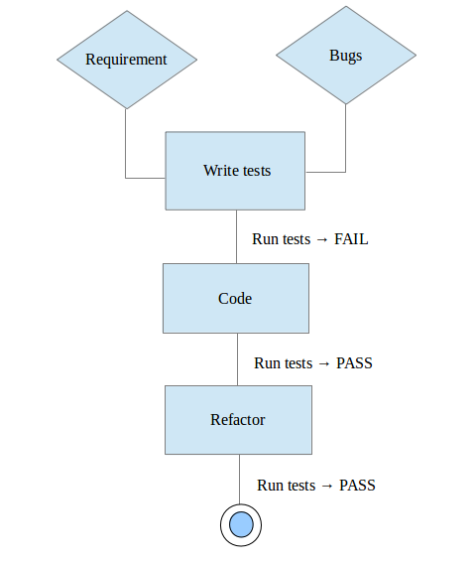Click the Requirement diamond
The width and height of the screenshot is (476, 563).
[127, 60]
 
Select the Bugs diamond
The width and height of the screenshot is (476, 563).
[346, 56]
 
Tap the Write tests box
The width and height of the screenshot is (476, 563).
[235, 171]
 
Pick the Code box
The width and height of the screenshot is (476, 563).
[236, 298]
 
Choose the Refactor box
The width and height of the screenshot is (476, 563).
[239, 420]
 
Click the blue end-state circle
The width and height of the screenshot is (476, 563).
[241, 525]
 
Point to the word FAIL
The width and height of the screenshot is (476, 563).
[351, 239]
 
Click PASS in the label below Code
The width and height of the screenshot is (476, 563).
[354, 363]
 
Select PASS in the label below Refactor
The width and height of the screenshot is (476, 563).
[357, 486]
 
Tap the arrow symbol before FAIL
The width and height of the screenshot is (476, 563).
[322, 239]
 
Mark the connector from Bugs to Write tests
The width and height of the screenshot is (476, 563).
[345, 172]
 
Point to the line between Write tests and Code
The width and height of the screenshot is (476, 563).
[236, 237]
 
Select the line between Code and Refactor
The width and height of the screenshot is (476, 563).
[237, 359]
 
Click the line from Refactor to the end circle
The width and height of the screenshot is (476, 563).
[240, 480]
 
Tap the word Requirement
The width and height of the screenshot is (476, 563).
[126, 60]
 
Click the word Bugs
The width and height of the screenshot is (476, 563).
[346, 56]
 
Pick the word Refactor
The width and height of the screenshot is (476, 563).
[238, 420]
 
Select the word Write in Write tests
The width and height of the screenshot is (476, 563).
[218, 170]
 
